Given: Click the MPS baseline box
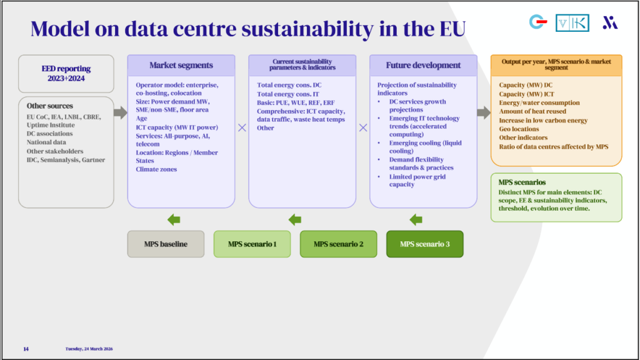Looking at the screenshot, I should tap(166, 244).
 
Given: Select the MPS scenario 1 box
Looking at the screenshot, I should tap(252, 244).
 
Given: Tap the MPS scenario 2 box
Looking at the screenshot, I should tap(338, 244).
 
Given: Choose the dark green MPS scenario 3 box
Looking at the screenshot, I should tap(424, 244).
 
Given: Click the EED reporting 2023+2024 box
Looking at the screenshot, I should tap(66, 74).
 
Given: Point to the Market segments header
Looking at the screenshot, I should tap(181, 66).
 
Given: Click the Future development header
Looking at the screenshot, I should tap(423, 66).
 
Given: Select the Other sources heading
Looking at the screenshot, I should tap(50, 106).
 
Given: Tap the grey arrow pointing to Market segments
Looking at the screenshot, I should tap(120, 112).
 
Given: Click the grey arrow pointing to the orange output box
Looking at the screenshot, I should tap(483, 112).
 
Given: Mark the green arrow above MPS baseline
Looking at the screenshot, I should tap(174, 219).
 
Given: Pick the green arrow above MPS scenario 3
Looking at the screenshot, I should tap(416, 219).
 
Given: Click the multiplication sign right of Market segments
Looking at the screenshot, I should tap(242, 127).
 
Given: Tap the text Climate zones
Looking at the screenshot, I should tap(156, 169).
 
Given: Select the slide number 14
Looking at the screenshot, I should tap(26, 349).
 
